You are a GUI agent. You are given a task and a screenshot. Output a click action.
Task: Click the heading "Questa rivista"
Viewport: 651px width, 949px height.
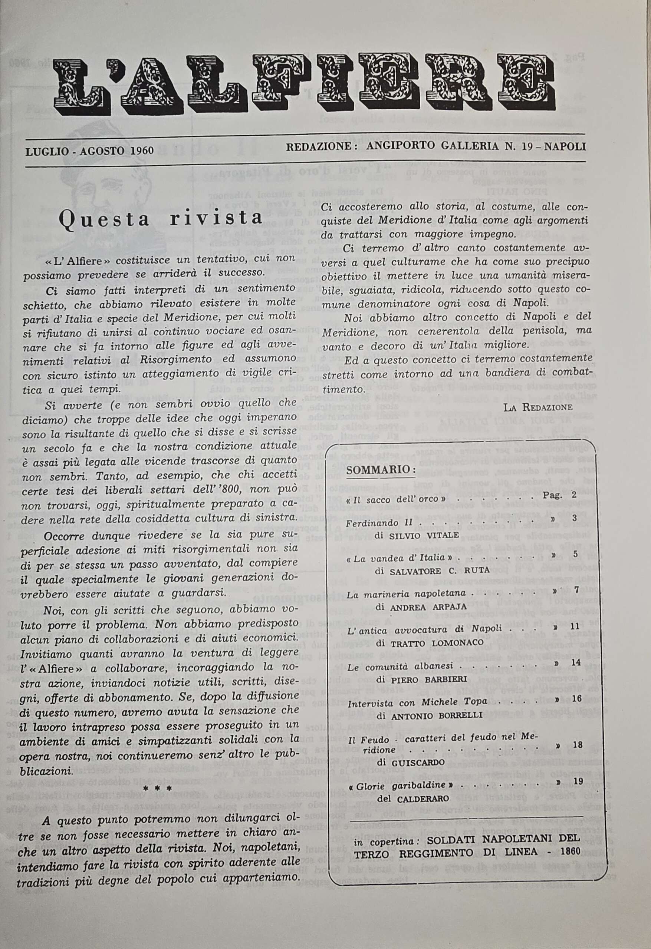160,218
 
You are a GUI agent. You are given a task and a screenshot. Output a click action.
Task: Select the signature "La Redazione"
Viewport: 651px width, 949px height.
538,407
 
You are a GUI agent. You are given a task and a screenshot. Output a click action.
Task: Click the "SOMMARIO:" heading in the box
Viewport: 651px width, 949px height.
381,470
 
